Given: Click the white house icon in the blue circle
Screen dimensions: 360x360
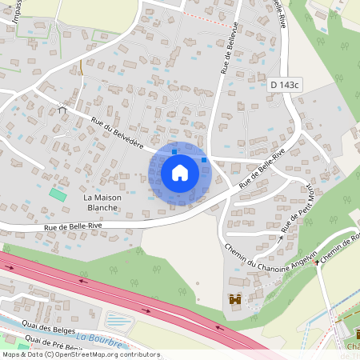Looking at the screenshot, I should pos(180,173).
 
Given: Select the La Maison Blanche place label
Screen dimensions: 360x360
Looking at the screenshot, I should pos(101,202).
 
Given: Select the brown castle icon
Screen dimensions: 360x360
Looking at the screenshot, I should pos(235,301).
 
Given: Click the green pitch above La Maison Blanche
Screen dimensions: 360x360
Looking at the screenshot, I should pos(58,194).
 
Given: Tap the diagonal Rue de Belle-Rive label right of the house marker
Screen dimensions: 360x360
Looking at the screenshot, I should pos(261,170).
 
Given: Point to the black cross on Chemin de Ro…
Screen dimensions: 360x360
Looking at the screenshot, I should pos(317,261).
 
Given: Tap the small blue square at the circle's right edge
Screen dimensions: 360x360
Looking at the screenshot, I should pos(205,160).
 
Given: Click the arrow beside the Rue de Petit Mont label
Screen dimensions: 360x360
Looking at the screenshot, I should pos(282,237).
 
